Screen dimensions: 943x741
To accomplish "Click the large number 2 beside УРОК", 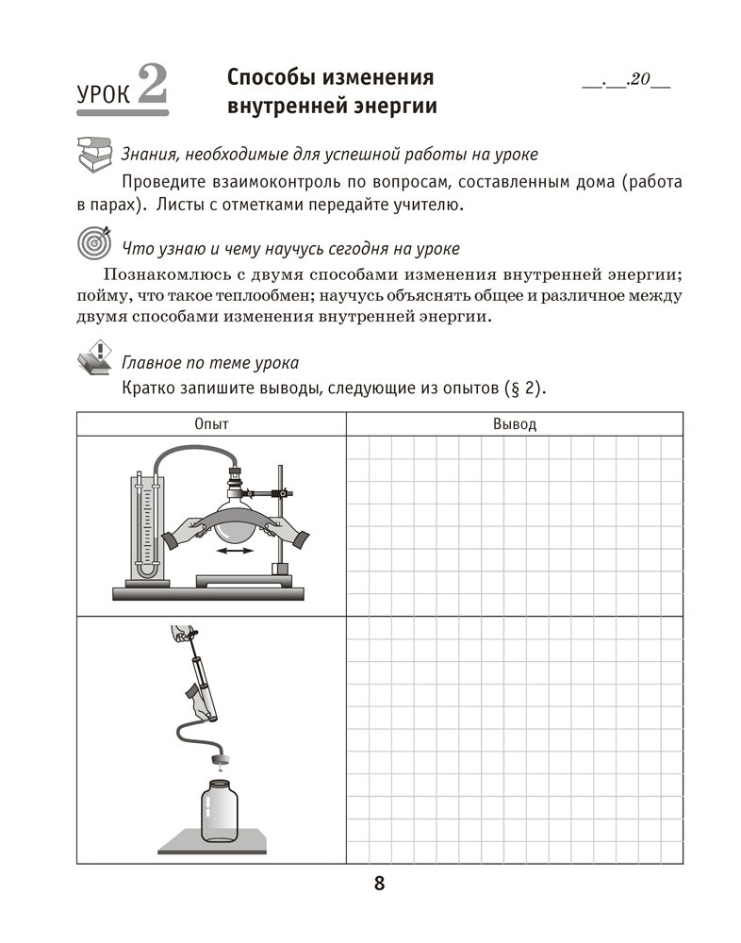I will (x=150, y=87).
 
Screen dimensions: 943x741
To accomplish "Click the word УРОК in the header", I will (x=102, y=94).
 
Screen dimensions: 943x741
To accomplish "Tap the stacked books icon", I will (x=92, y=151).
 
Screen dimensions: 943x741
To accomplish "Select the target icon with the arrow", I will (x=92, y=242).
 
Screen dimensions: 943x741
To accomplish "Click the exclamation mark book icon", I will (x=92, y=358).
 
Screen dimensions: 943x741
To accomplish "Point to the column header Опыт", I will (x=211, y=424).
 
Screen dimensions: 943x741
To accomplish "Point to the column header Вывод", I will (x=514, y=424).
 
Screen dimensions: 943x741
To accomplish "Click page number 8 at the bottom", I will (x=379, y=884).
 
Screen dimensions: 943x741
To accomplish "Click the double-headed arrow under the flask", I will (x=235, y=551).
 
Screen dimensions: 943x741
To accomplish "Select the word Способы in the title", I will (x=282, y=76).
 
